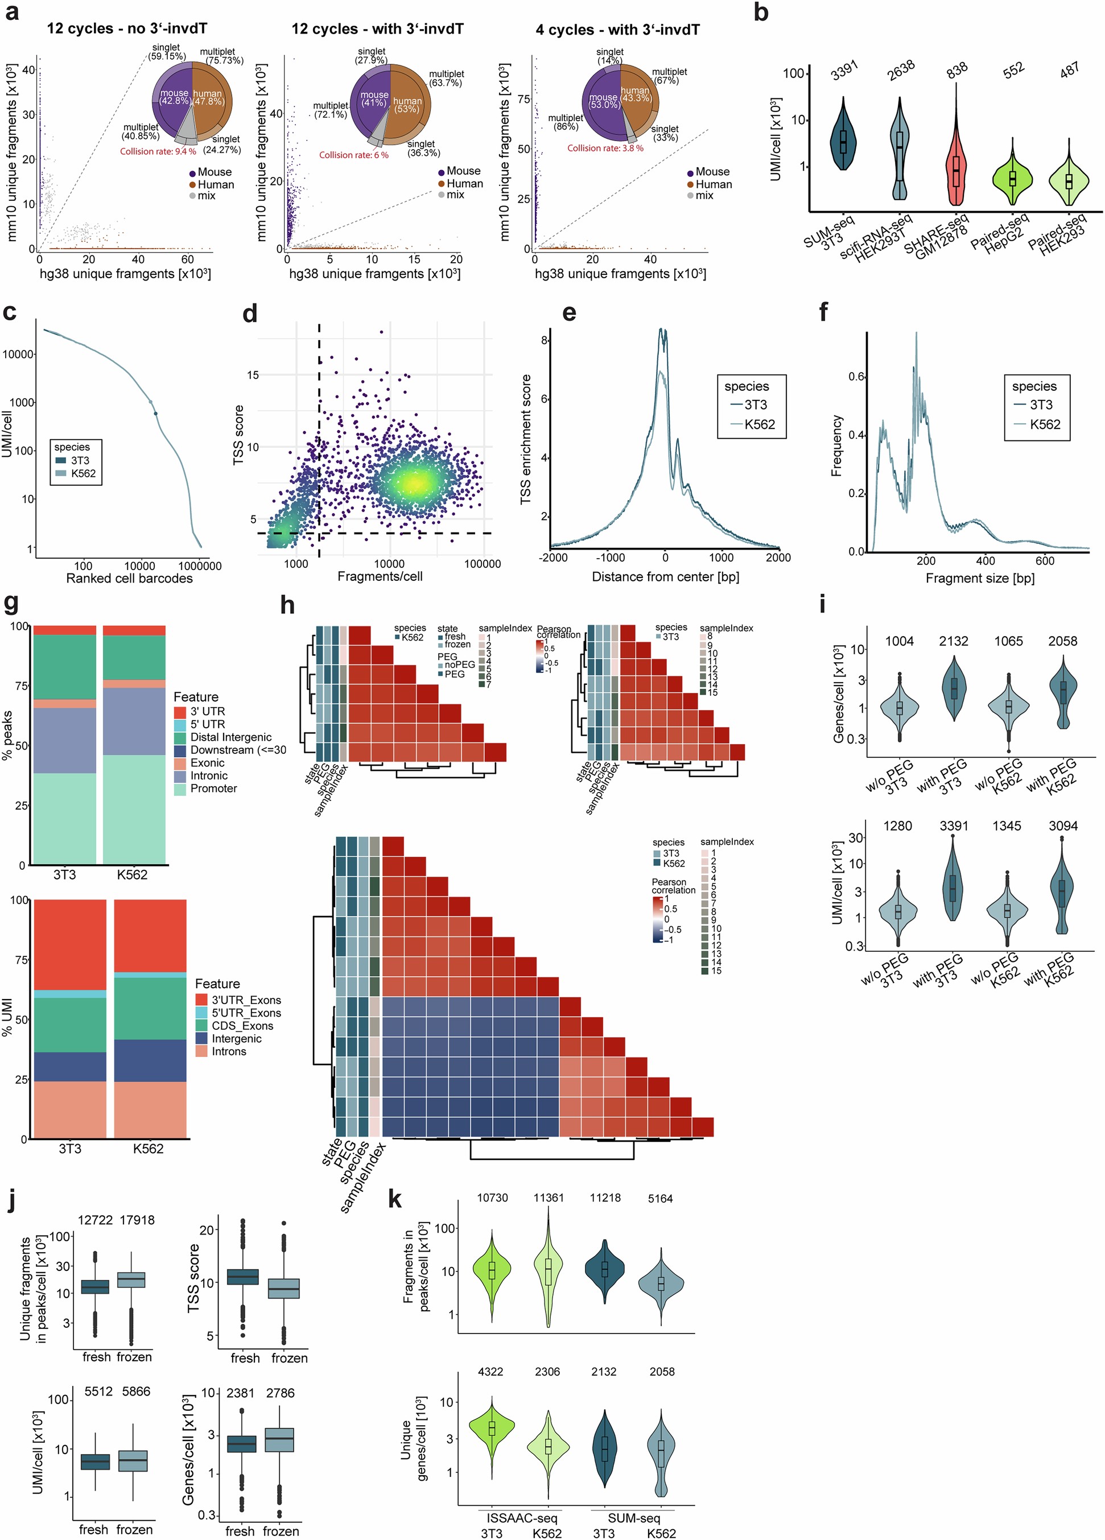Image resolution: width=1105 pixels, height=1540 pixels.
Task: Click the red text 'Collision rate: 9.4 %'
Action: click(x=158, y=151)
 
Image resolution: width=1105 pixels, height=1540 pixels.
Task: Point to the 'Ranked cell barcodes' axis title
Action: click(x=129, y=579)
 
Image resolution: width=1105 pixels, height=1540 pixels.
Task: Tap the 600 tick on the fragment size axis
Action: click(x=1045, y=561)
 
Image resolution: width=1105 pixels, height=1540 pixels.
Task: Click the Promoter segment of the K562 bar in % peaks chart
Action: click(x=134, y=808)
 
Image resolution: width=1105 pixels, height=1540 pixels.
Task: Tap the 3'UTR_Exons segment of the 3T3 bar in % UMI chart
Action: click(x=70, y=944)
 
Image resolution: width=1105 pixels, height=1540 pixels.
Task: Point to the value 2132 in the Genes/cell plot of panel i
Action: click(x=954, y=641)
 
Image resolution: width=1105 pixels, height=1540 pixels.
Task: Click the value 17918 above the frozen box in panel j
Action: click(x=137, y=1220)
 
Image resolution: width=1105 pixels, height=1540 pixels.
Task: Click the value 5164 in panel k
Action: click(x=660, y=1199)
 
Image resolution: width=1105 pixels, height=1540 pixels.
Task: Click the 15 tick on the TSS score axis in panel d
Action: click(x=253, y=375)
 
